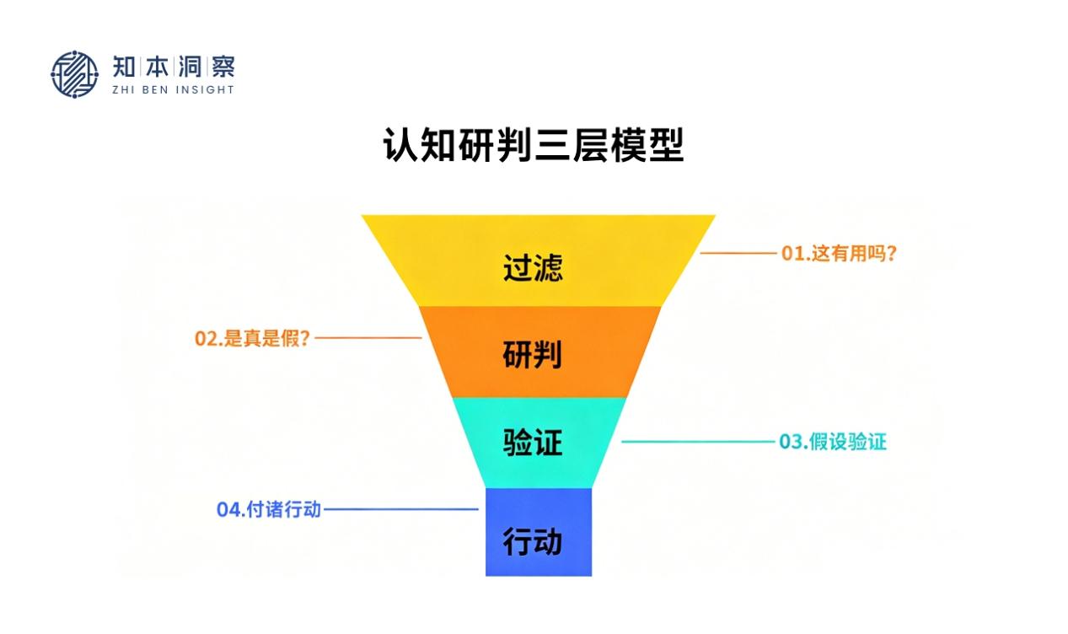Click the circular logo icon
point(74,74)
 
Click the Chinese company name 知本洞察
point(173,66)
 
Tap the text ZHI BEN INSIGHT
point(173,89)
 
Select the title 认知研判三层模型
point(534,145)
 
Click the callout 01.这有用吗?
point(838,253)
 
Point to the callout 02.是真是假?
point(253,339)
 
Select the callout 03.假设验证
point(832,442)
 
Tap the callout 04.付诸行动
point(269,509)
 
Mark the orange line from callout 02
point(368,338)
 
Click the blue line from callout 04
point(400,509)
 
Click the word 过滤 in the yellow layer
point(533,267)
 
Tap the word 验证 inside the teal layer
point(533,443)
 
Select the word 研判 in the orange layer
point(533,355)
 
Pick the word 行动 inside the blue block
point(533,541)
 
